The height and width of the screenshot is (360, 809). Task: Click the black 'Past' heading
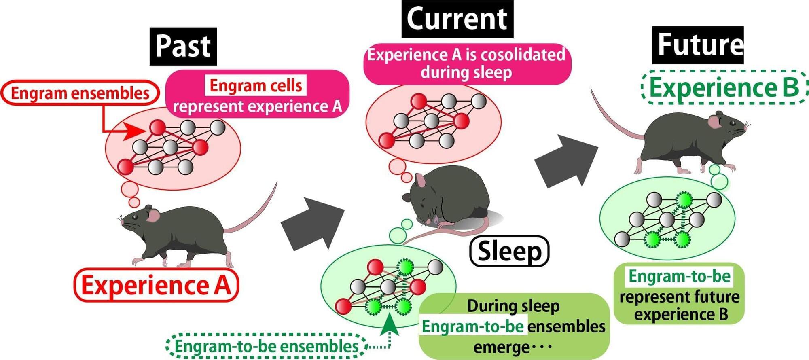pos(183,46)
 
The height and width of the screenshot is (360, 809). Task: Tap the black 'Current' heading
pos(457,19)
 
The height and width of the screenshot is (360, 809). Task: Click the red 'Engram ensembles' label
pos(80,93)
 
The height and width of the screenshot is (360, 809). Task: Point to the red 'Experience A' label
pos(156,286)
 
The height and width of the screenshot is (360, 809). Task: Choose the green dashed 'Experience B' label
pos(724,88)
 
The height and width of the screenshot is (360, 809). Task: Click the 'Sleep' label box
pos(509,251)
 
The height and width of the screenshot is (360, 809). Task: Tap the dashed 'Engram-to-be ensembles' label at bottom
pos(267,346)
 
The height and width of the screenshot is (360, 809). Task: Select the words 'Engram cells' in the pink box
pos(256,85)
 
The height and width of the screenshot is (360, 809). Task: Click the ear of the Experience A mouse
pos(153,215)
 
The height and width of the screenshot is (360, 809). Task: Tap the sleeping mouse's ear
pos(421,180)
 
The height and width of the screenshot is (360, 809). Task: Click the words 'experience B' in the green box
pos(681,314)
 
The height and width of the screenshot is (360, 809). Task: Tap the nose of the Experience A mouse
pos(122,221)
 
